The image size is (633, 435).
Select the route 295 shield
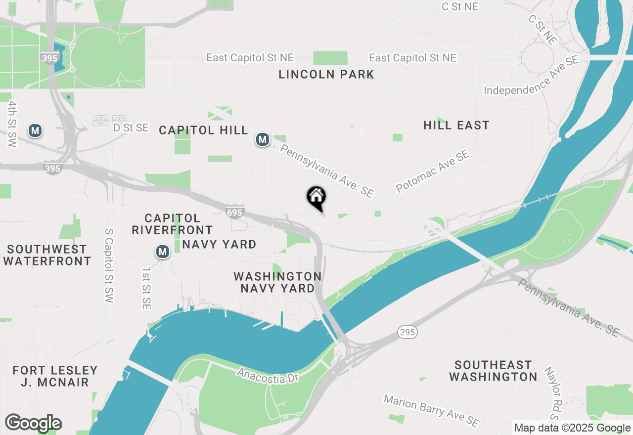tap(408, 332)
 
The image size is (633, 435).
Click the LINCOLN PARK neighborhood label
tap(326, 75)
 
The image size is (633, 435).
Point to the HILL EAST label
tap(456, 126)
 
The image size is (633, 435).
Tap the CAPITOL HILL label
tap(203, 130)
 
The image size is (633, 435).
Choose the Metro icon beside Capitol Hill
tap(263, 140)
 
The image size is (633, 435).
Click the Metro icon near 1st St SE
tap(163, 252)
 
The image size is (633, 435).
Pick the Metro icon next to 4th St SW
tap(35, 131)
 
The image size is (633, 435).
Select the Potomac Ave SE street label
tap(432, 172)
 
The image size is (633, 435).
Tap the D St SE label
tap(131, 128)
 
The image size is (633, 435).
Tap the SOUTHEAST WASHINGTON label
tap(493, 371)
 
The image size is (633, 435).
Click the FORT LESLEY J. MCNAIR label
tap(55, 376)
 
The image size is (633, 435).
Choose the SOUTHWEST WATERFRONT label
tap(47, 255)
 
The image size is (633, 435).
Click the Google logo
tap(33, 423)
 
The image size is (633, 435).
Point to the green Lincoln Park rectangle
tap(331, 58)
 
